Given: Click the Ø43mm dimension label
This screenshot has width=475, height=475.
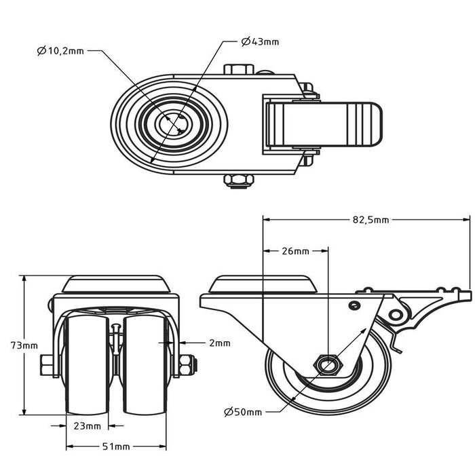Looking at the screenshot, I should (x=260, y=42).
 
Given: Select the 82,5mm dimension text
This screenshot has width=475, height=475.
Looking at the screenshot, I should (x=370, y=220).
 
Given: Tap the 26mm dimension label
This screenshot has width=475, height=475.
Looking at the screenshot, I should (x=294, y=251).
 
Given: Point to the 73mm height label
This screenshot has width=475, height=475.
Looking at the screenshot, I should (x=25, y=345).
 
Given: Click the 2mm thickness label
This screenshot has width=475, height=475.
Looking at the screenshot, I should (x=219, y=343).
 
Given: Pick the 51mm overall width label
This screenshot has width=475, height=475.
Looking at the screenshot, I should (x=116, y=446).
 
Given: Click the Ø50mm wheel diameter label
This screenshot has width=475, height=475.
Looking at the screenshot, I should (x=242, y=412).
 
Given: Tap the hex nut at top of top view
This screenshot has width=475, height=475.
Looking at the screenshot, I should (x=237, y=70).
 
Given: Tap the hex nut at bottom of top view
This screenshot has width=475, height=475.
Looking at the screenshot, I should (x=237, y=180).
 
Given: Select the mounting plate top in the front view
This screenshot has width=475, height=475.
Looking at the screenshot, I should (x=115, y=284).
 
